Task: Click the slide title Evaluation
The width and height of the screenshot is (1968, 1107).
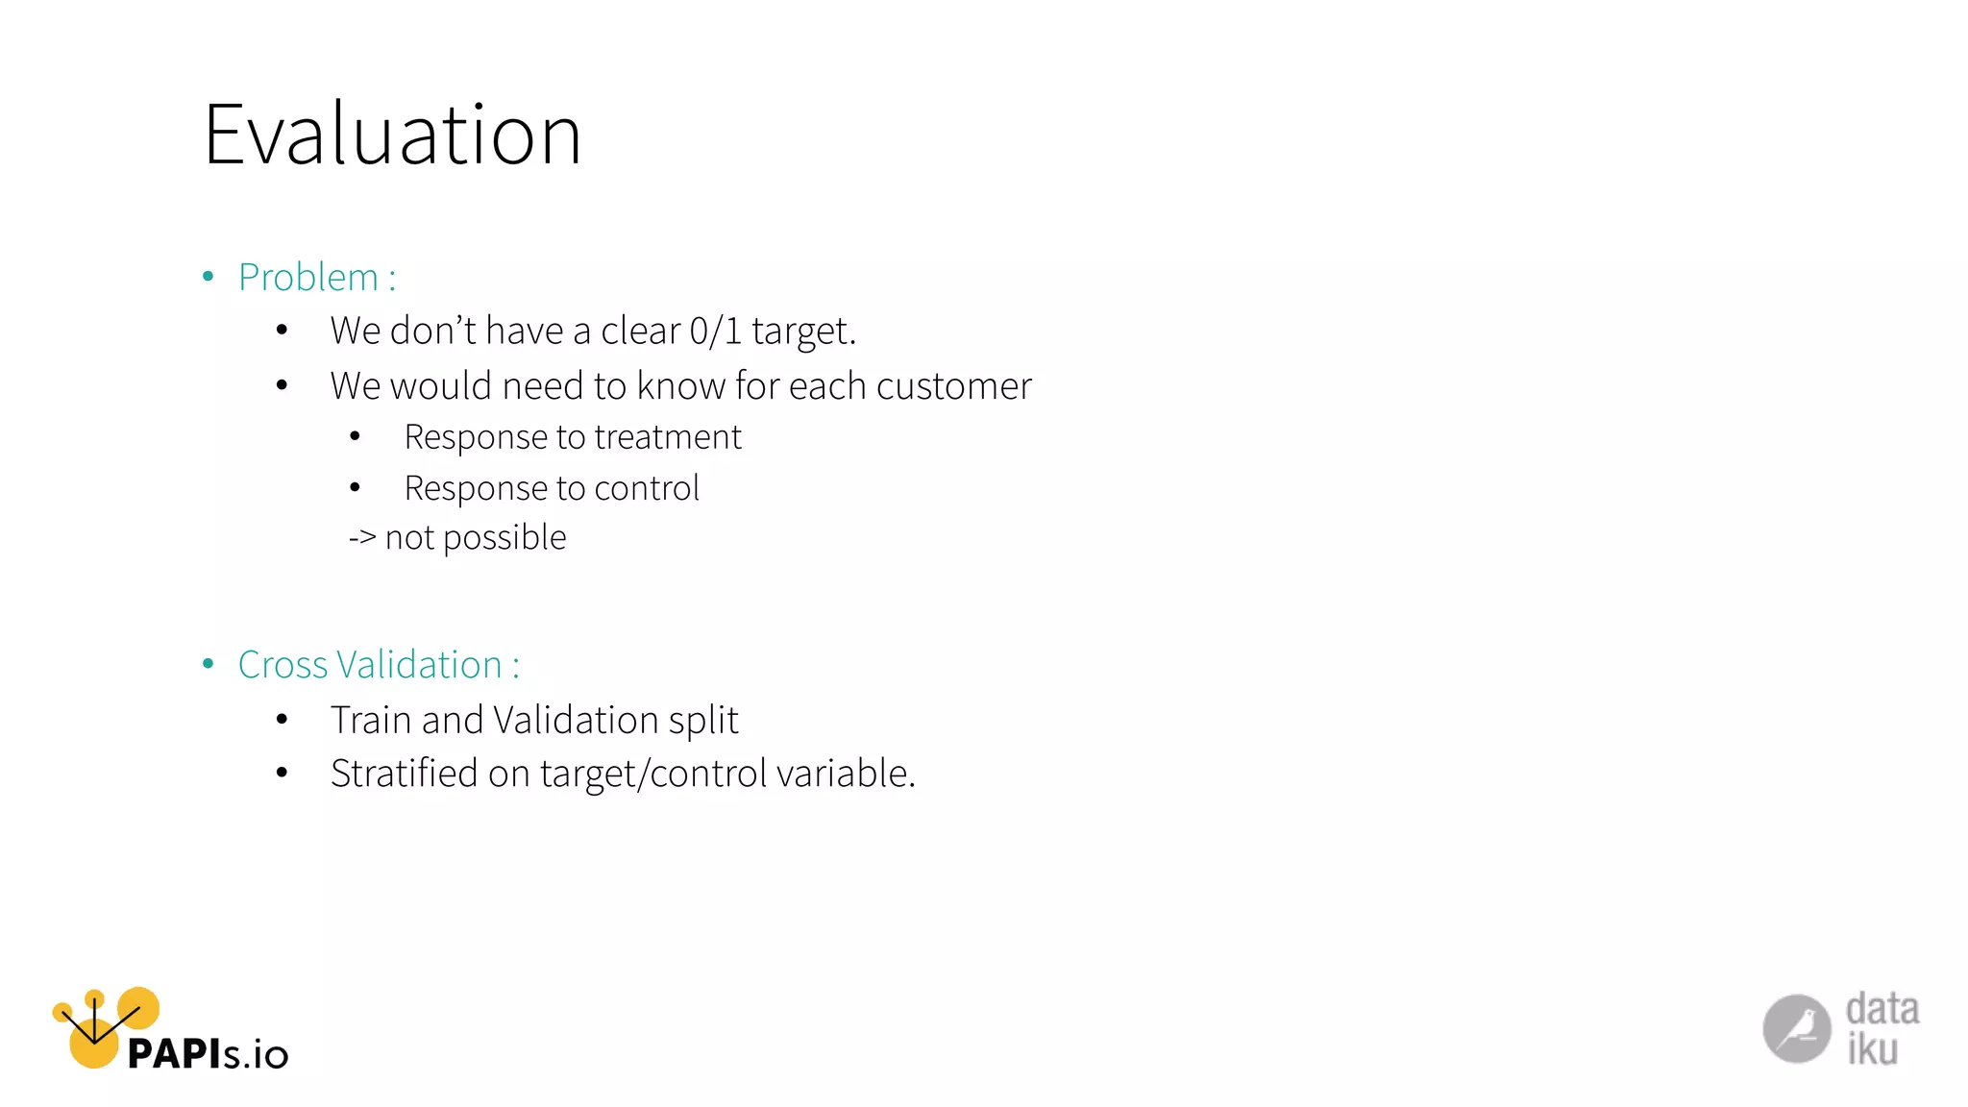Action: coord(392,135)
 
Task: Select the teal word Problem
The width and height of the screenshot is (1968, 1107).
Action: coord(307,278)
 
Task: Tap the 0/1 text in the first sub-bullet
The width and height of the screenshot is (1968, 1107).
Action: coord(715,331)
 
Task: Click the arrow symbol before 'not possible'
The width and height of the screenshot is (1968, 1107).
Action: coord(362,538)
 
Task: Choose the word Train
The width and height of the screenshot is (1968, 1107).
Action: coord(371,720)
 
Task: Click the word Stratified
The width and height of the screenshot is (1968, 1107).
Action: coord(404,774)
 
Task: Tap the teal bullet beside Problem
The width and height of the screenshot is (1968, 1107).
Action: coord(209,278)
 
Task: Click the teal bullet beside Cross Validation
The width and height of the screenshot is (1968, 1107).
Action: coord(209,664)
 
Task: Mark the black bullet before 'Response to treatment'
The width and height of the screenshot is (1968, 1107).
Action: coord(355,437)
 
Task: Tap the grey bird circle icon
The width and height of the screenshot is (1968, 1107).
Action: coord(1796,1028)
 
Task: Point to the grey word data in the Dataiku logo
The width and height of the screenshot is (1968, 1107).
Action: coord(1882,1009)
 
